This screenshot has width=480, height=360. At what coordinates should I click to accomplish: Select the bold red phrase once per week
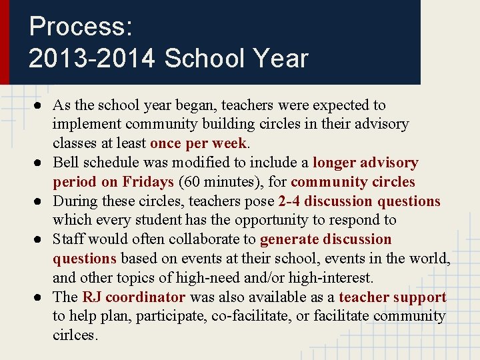[x=199, y=143]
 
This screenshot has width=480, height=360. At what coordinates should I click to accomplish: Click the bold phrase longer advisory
[x=365, y=163]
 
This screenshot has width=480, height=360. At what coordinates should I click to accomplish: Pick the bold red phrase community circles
[x=353, y=182]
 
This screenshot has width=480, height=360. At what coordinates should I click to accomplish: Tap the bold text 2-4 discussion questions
[x=359, y=201]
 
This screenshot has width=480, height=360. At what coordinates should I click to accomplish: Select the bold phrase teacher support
[x=392, y=297]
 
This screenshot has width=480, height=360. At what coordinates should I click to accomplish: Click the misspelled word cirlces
[x=75, y=335]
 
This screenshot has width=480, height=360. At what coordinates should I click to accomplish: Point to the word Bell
[x=66, y=163]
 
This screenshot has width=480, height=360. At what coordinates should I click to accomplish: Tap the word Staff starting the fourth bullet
[x=69, y=239]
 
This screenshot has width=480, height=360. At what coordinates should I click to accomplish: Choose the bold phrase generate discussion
[x=325, y=239]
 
